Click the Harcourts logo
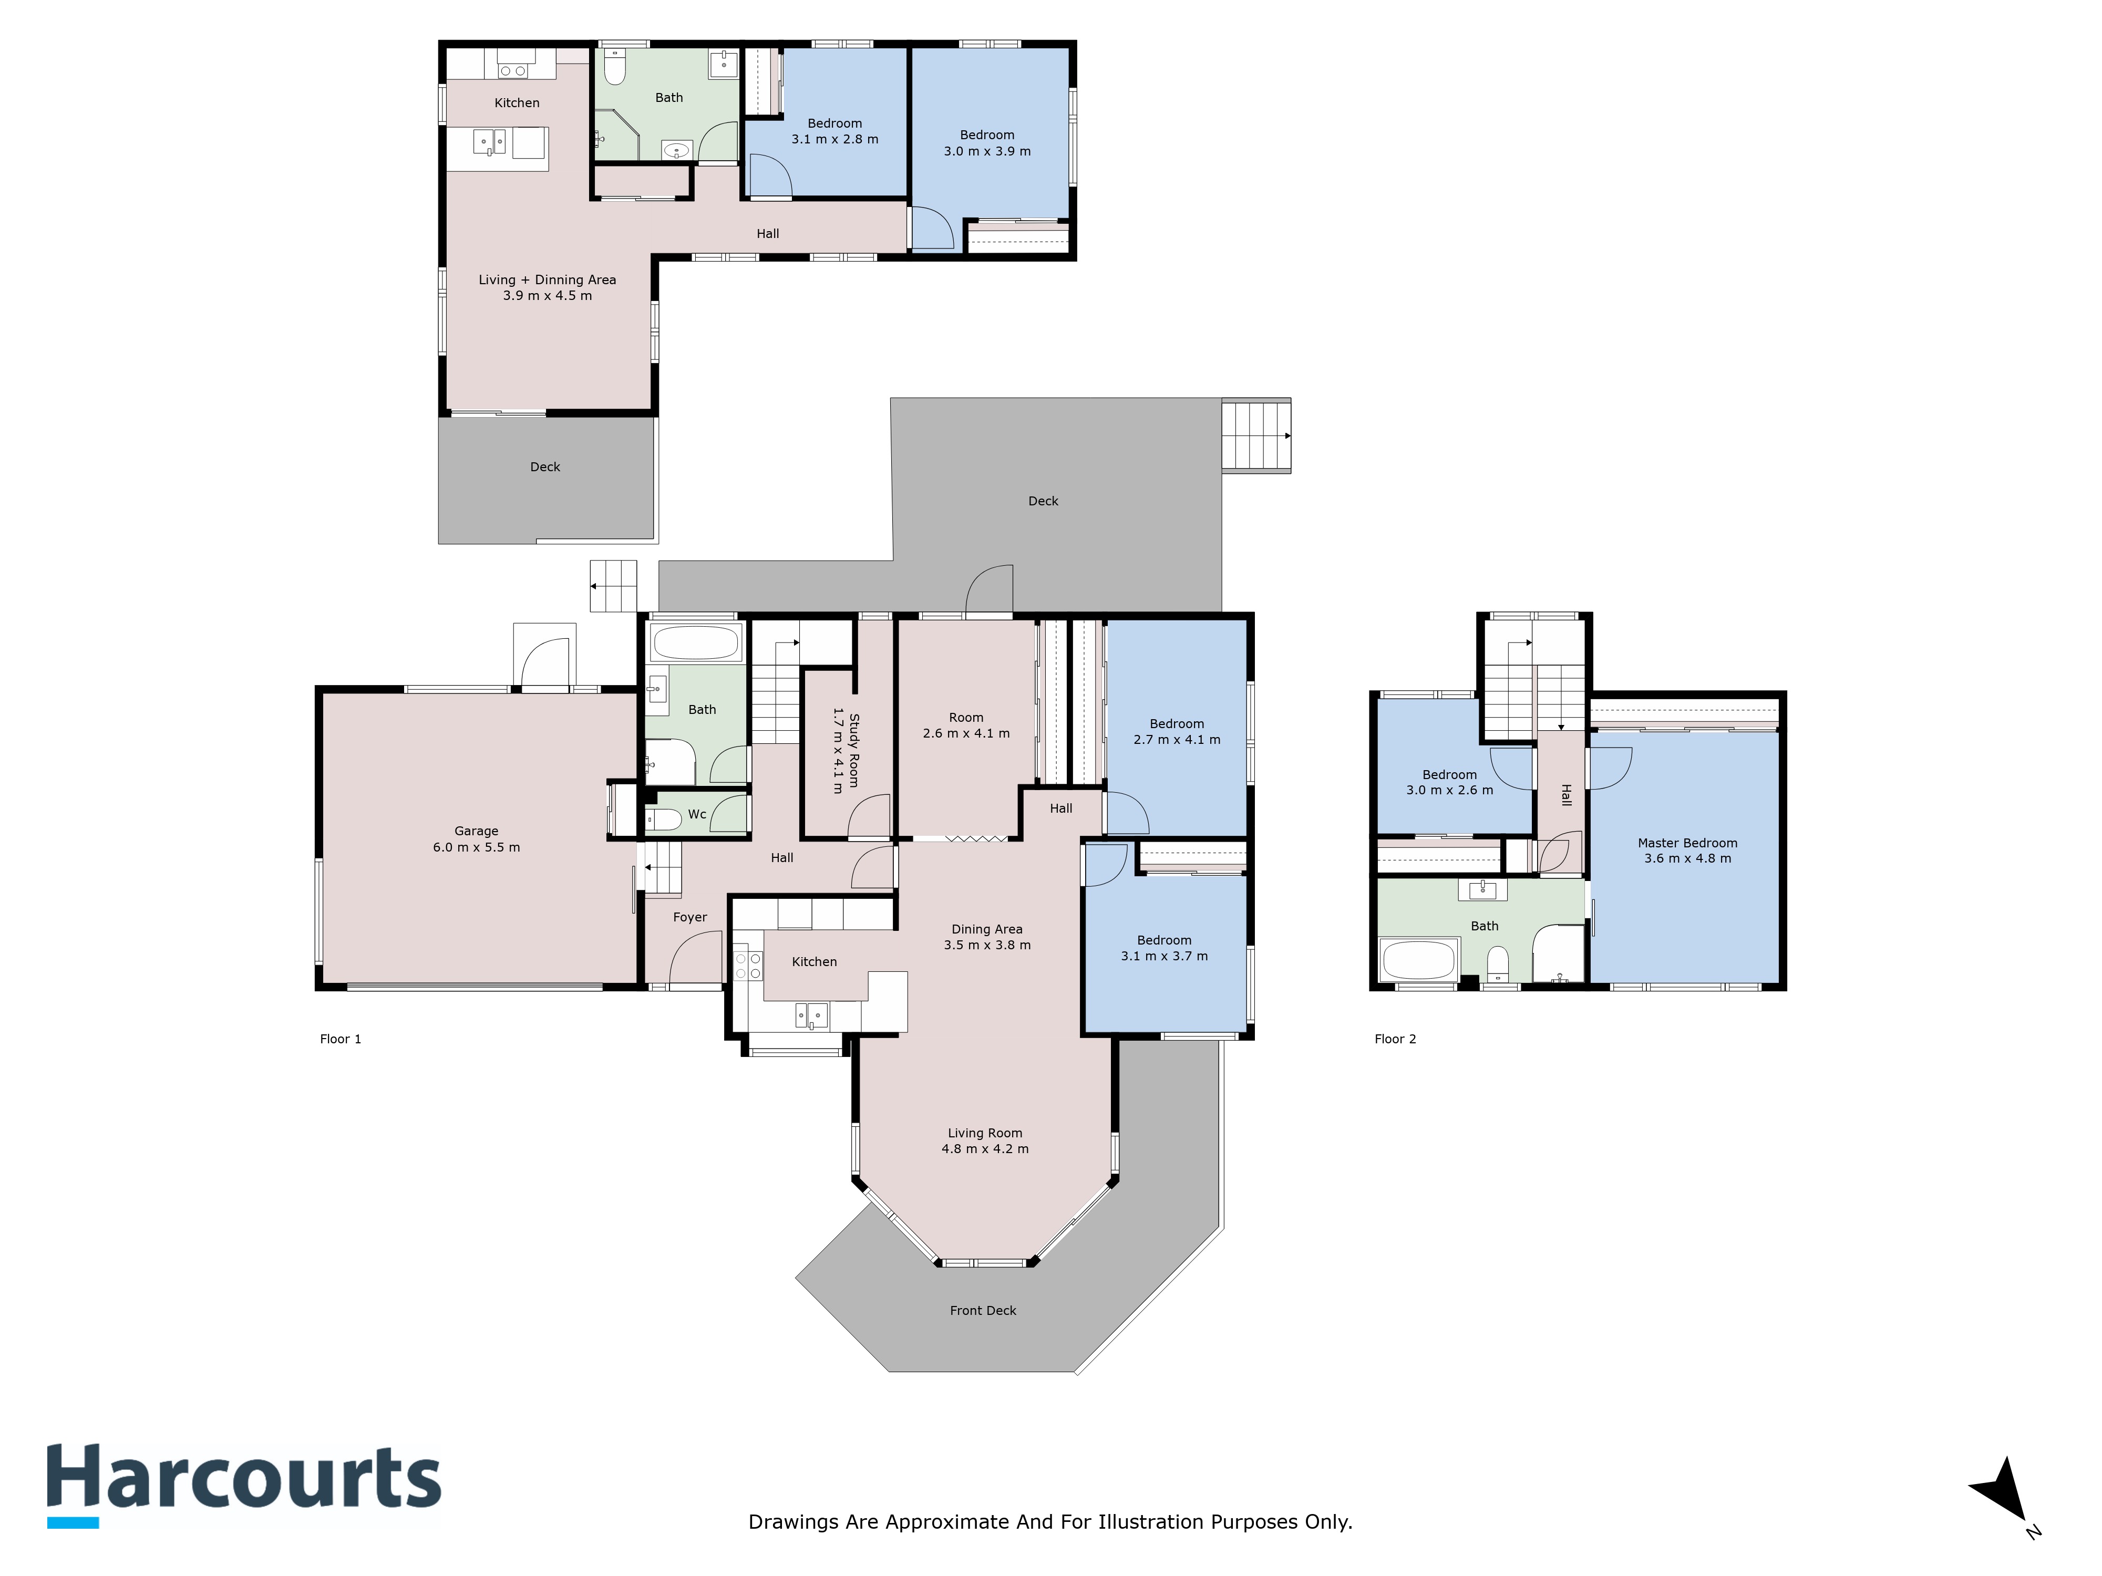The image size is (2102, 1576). tap(244, 1484)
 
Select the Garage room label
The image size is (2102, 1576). tap(476, 831)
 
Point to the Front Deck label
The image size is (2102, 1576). tap(983, 1310)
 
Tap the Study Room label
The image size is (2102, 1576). tap(853, 751)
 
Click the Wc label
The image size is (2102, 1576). tap(696, 814)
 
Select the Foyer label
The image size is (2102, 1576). tap(690, 917)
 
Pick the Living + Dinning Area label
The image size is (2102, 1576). tap(548, 279)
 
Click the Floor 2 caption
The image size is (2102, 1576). tap(1395, 1038)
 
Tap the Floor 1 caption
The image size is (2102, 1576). tap(340, 1038)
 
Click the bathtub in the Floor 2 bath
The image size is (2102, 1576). tap(1418, 959)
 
